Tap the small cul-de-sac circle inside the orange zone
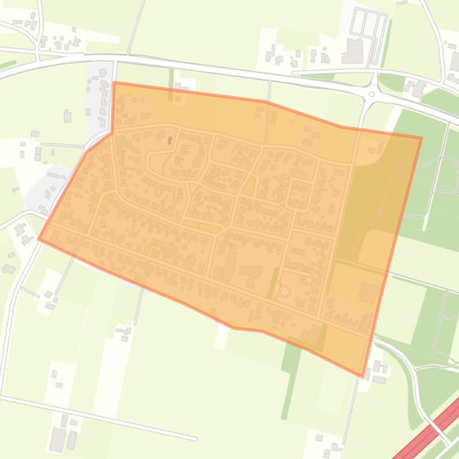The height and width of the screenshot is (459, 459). click(x=285, y=291)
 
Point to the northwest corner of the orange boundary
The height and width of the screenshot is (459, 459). click(x=114, y=83)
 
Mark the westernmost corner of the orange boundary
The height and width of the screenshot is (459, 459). click(x=39, y=239)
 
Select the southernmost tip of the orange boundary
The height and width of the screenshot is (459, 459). click(x=362, y=376)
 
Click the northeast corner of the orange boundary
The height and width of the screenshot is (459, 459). click(x=421, y=138)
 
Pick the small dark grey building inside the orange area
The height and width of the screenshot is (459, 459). click(x=170, y=141)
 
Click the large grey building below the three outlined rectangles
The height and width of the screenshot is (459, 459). click(x=353, y=51)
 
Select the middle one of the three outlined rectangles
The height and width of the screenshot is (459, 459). click(x=369, y=24)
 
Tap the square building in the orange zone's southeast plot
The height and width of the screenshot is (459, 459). click(x=368, y=293)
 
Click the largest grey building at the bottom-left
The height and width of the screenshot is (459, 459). click(x=58, y=439)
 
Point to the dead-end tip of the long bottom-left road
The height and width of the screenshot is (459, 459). click(x=196, y=439)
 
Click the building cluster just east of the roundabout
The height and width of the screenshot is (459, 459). click(x=415, y=89)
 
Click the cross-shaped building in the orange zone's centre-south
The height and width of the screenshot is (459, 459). click(x=250, y=271)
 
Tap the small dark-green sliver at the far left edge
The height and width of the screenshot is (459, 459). click(x=8, y=64)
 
